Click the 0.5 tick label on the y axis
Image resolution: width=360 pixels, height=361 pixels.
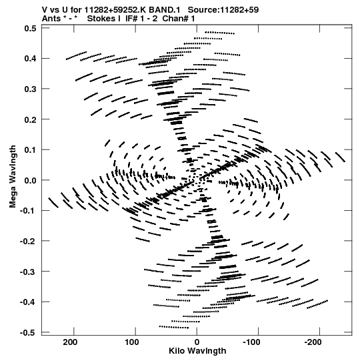pos(31,28)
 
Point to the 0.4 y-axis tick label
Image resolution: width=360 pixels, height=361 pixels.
pos(31,59)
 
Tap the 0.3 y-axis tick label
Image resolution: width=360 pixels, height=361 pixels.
pos(31,89)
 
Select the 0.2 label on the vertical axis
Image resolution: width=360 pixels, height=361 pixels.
pos(31,119)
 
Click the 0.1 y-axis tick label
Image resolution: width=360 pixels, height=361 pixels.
pos(31,150)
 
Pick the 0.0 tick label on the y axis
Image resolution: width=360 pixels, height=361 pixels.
pos(31,180)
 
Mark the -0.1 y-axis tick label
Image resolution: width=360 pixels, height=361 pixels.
pos(28,211)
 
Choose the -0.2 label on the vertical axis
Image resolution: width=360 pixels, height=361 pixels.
pos(28,242)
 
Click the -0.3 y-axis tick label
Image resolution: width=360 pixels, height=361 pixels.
pos(28,272)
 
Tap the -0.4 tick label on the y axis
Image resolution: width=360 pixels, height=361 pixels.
pos(28,302)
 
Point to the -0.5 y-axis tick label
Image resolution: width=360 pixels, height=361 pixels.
pos(28,333)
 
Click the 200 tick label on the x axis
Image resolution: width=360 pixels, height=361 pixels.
pos(71,342)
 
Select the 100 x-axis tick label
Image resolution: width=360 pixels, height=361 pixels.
pos(132,342)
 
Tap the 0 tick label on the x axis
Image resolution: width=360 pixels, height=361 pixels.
pos(197,342)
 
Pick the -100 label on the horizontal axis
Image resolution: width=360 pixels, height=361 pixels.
pos(252,342)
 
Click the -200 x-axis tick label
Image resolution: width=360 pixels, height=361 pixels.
pos(313,342)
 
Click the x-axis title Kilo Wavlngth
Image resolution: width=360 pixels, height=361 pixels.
pos(197,351)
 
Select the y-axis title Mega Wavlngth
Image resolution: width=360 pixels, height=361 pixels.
pos(13,177)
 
